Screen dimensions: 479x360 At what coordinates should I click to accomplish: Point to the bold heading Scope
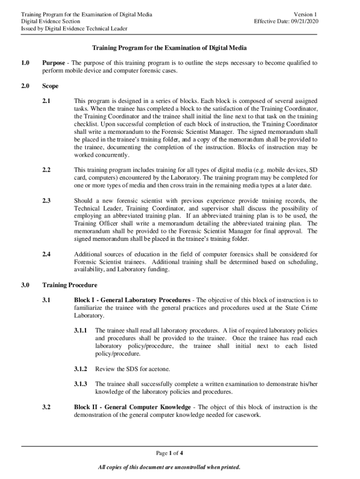[x=50, y=86]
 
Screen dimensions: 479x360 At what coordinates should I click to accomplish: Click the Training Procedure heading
[x=70, y=284]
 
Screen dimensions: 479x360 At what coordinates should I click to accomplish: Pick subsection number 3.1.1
[x=80, y=330]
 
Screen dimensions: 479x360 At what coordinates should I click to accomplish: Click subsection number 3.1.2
[x=80, y=369]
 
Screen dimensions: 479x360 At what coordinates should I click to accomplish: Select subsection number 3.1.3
[x=80, y=384]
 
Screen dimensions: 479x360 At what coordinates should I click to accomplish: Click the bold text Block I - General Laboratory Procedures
[x=132, y=300]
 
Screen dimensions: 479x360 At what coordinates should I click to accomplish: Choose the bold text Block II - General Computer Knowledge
[x=132, y=407]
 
